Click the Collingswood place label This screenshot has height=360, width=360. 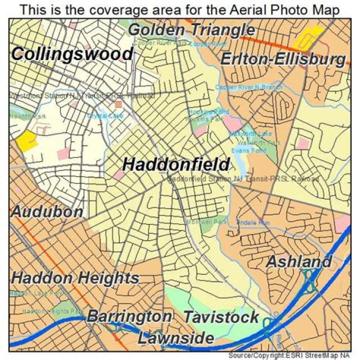(72, 54)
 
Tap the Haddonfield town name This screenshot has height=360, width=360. (176, 164)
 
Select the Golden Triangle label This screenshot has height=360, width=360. (191, 30)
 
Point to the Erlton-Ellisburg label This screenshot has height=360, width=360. (283, 59)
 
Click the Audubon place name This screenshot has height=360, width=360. (47, 211)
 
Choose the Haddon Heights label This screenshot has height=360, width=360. (75, 278)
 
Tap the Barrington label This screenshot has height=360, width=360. (129, 316)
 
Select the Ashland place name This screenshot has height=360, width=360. (298, 261)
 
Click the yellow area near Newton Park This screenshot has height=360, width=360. (26, 141)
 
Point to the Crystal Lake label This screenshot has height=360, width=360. (112, 115)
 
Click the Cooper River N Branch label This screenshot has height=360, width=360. (249, 87)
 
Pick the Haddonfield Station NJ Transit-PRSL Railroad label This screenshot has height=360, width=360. (243, 178)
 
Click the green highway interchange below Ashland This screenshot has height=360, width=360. (308, 283)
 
